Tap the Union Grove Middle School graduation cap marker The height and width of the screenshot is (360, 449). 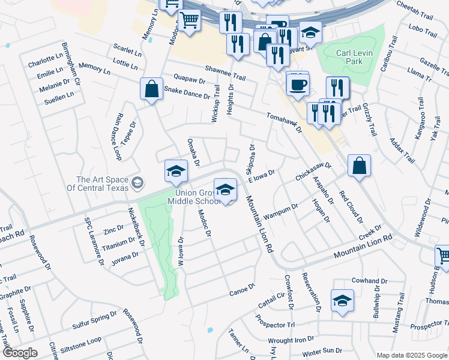225,190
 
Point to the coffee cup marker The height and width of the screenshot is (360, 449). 297,83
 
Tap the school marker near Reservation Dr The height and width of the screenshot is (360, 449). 342,301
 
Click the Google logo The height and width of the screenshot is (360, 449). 20,352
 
